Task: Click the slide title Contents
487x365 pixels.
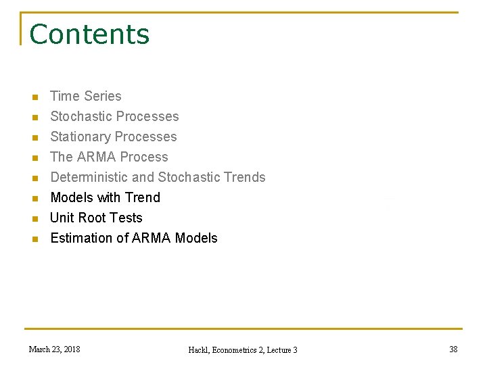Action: coord(89,34)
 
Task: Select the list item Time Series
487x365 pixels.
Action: coord(86,96)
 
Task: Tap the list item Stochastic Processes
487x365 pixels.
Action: coord(114,116)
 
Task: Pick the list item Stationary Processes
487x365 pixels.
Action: coord(114,137)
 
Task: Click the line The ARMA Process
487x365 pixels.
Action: coord(109,157)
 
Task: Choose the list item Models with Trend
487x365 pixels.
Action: coord(105,197)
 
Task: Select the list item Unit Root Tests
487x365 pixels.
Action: coord(96,218)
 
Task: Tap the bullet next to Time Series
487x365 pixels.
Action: coord(36,97)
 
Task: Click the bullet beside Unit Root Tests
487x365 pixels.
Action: coord(36,218)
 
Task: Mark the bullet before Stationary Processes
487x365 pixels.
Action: coord(36,137)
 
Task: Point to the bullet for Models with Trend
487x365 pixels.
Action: coord(36,198)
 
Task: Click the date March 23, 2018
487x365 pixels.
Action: coord(54,349)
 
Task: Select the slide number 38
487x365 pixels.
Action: coord(453,349)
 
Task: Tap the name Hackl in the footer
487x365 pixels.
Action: coord(200,349)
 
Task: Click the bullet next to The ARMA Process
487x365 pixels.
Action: coord(36,157)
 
